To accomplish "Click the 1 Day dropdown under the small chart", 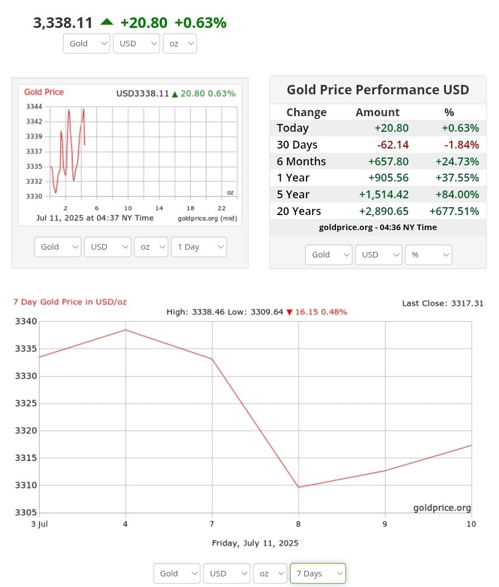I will (199, 247).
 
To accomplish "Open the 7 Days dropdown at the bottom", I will (318, 574).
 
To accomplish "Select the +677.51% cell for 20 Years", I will (454, 211).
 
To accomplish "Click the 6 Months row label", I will (301, 161).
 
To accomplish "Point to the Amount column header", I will (377, 112).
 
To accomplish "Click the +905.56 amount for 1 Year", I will (388, 178).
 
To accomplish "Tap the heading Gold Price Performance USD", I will (378, 90).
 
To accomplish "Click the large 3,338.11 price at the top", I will (63, 23).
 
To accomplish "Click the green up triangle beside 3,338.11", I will (106, 22).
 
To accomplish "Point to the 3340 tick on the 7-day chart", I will (26, 322).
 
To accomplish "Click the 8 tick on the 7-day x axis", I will (299, 524).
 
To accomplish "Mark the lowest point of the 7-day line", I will (299, 487).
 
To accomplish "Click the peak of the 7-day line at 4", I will (126, 330).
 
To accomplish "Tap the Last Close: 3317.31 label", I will (443, 303).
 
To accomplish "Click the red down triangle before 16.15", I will (289, 312).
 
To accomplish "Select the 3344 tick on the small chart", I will (34, 107).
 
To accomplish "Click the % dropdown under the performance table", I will (428, 255).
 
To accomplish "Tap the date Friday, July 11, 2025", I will (255, 543).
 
